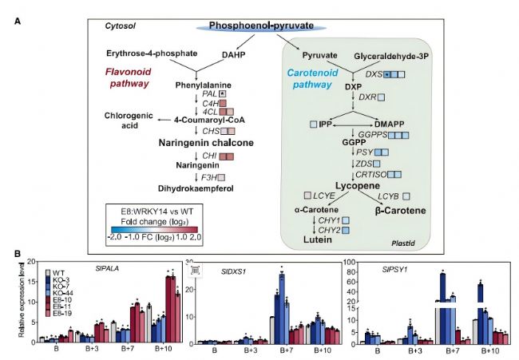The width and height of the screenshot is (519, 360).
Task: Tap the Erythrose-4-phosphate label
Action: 151,53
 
